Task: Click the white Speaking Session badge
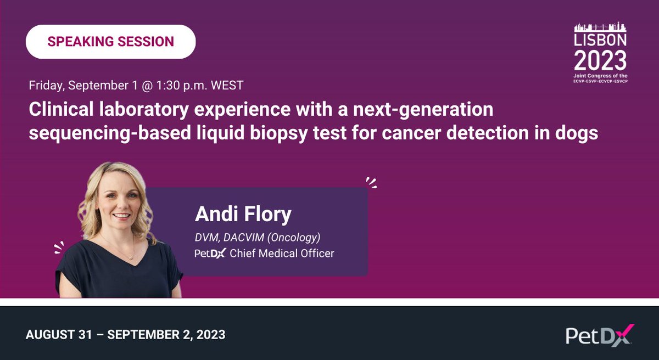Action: pyautogui.click(x=110, y=42)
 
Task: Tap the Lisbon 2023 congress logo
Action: pyautogui.click(x=600, y=53)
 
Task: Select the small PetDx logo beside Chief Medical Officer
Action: pyautogui.click(x=210, y=254)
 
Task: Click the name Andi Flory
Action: pyautogui.click(x=243, y=215)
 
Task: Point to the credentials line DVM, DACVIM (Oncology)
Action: pyautogui.click(x=257, y=238)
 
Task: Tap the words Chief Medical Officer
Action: pyautogui.click(x=282, y=254)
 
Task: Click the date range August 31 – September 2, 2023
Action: pyautogui.click(x=125, y=334)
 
